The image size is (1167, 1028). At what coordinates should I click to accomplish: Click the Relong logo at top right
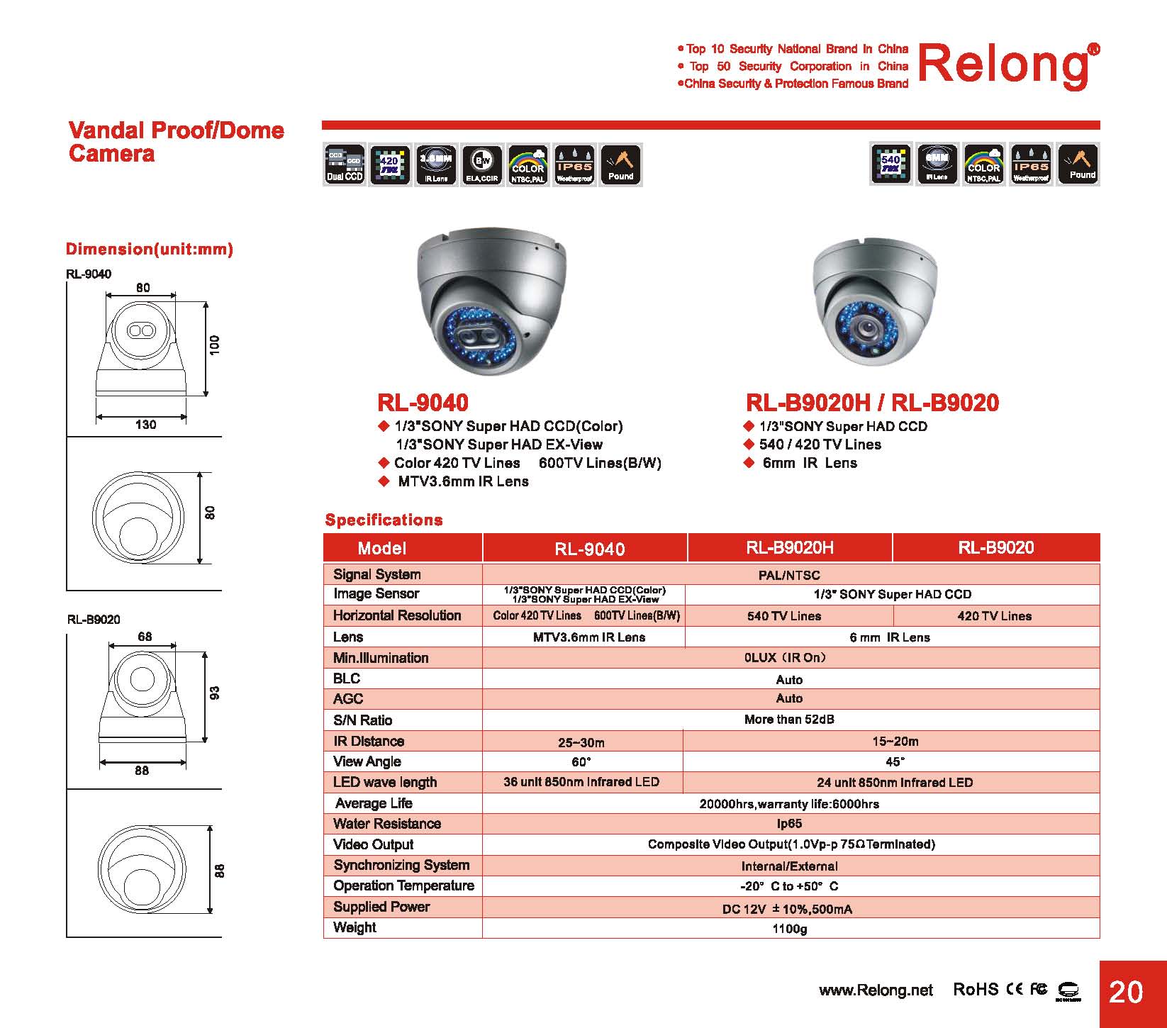coord(1007,65)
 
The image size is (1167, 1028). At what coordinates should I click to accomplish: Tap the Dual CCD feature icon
coord(345,164)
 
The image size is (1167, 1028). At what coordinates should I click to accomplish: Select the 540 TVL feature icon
coord(890,164)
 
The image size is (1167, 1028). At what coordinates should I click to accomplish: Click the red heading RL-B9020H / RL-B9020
coord(872,403)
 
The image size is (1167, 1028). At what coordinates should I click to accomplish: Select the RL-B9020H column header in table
coord(789,547)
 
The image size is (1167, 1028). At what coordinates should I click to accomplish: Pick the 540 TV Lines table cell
coord(784,616)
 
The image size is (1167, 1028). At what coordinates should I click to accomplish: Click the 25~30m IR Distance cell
coord(581,742)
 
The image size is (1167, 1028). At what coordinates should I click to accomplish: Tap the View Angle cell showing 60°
coord(581,762)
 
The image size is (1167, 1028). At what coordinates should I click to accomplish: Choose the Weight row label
coord(354,927)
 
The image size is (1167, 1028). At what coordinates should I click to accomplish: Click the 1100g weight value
coord(789,928)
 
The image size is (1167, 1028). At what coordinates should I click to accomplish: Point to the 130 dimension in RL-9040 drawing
coord(145,425)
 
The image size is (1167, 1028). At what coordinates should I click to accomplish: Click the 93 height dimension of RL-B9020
coord(216,693)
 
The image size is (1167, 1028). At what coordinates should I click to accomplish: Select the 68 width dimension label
coord(145,637)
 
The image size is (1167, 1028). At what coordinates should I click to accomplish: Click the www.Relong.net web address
coord(876,990)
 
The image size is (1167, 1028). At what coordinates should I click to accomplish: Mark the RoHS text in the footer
coord(975,990)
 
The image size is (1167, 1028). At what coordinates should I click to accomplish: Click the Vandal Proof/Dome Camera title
coord(176,142)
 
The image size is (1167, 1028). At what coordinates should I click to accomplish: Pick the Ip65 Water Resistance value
coord(789,824)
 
